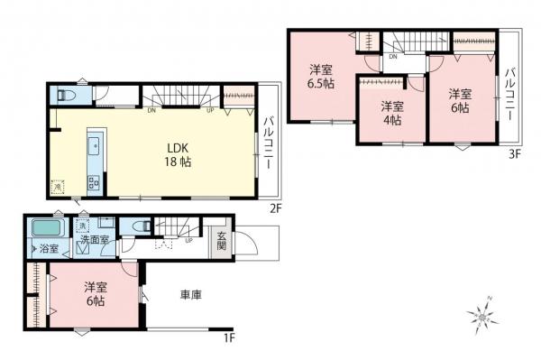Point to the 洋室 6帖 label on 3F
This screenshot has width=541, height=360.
click(460, 99)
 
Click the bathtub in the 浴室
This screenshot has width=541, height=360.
click(47, 227)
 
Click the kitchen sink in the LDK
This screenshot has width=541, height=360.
click(93, 147)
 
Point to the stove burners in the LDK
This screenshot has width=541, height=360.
click(93, 182)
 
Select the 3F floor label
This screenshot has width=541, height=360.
click(515, 154)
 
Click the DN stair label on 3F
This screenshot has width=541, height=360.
click(394, 57)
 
